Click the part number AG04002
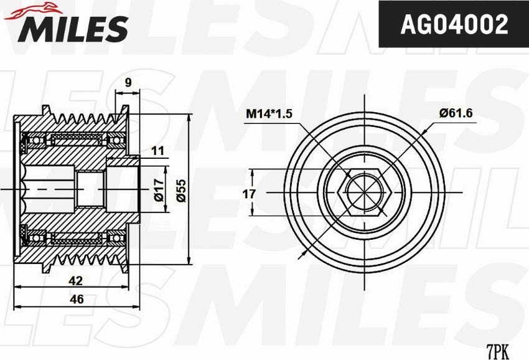(x=454, y=24)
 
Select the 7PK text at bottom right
(x=497, y=351)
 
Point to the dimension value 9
(x=128, y=81)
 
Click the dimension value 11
(x=157, y=150)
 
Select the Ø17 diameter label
(x=159, y=189)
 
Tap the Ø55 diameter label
(x=181, y=189)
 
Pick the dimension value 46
(x=77, y=299)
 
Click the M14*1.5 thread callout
(x=269, y=113)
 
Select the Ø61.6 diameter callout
(x=456, y=113)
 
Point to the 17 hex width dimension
(x=249, y=194)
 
